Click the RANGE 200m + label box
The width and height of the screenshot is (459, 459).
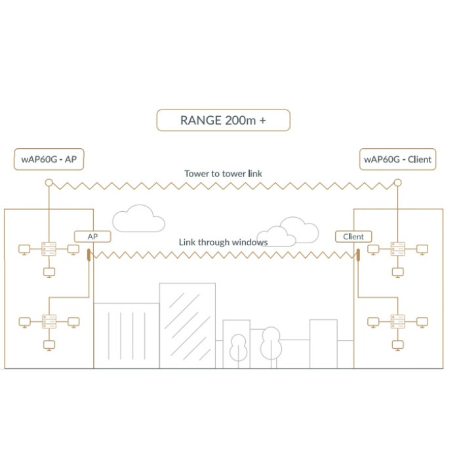coord(223,121)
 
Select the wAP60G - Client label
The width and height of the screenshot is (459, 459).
coord(397,159)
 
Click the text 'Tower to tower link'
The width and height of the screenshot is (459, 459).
coord(223,174)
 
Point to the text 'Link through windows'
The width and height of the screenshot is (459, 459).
coord(223,242)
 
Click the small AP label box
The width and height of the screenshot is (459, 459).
coord(91,236)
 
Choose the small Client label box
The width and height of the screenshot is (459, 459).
coord(353,236)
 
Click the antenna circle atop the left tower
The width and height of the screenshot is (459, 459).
coord(49,184)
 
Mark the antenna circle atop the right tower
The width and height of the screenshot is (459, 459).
coord(397,184)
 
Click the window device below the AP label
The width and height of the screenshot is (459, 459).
coord(89,254)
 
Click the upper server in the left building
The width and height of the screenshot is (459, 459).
coord(49,249)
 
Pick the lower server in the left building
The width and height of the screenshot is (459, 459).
coord(49,321)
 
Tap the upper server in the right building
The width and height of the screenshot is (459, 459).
coord(397,249)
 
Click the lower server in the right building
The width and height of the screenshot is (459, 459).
coord(397,321)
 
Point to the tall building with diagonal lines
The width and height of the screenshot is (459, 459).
coord(188,325)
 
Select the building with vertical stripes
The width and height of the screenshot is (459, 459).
coord(127,334)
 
